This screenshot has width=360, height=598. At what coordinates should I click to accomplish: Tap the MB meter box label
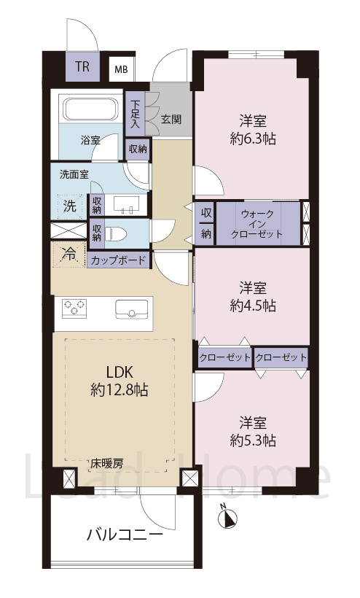click(x=120, y=71)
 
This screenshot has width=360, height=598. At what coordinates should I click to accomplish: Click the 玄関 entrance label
click(x=171, y=118)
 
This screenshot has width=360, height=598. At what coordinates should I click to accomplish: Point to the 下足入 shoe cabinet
click(x=136, y=114)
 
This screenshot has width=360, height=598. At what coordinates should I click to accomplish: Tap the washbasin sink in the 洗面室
click(x=129, y=204)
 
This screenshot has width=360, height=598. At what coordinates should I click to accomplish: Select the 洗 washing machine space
click(x=69, y=205)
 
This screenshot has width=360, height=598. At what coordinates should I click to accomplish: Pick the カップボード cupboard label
click(x=117, y=260)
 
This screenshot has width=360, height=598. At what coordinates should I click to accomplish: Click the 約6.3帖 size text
click(x=253, y=139)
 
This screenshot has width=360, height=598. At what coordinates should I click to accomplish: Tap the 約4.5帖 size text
click(x=253, y=306)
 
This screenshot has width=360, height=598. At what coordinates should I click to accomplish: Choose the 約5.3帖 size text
click(x=253, y=440)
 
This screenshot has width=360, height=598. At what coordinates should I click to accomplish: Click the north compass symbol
click(x=228, y=519)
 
